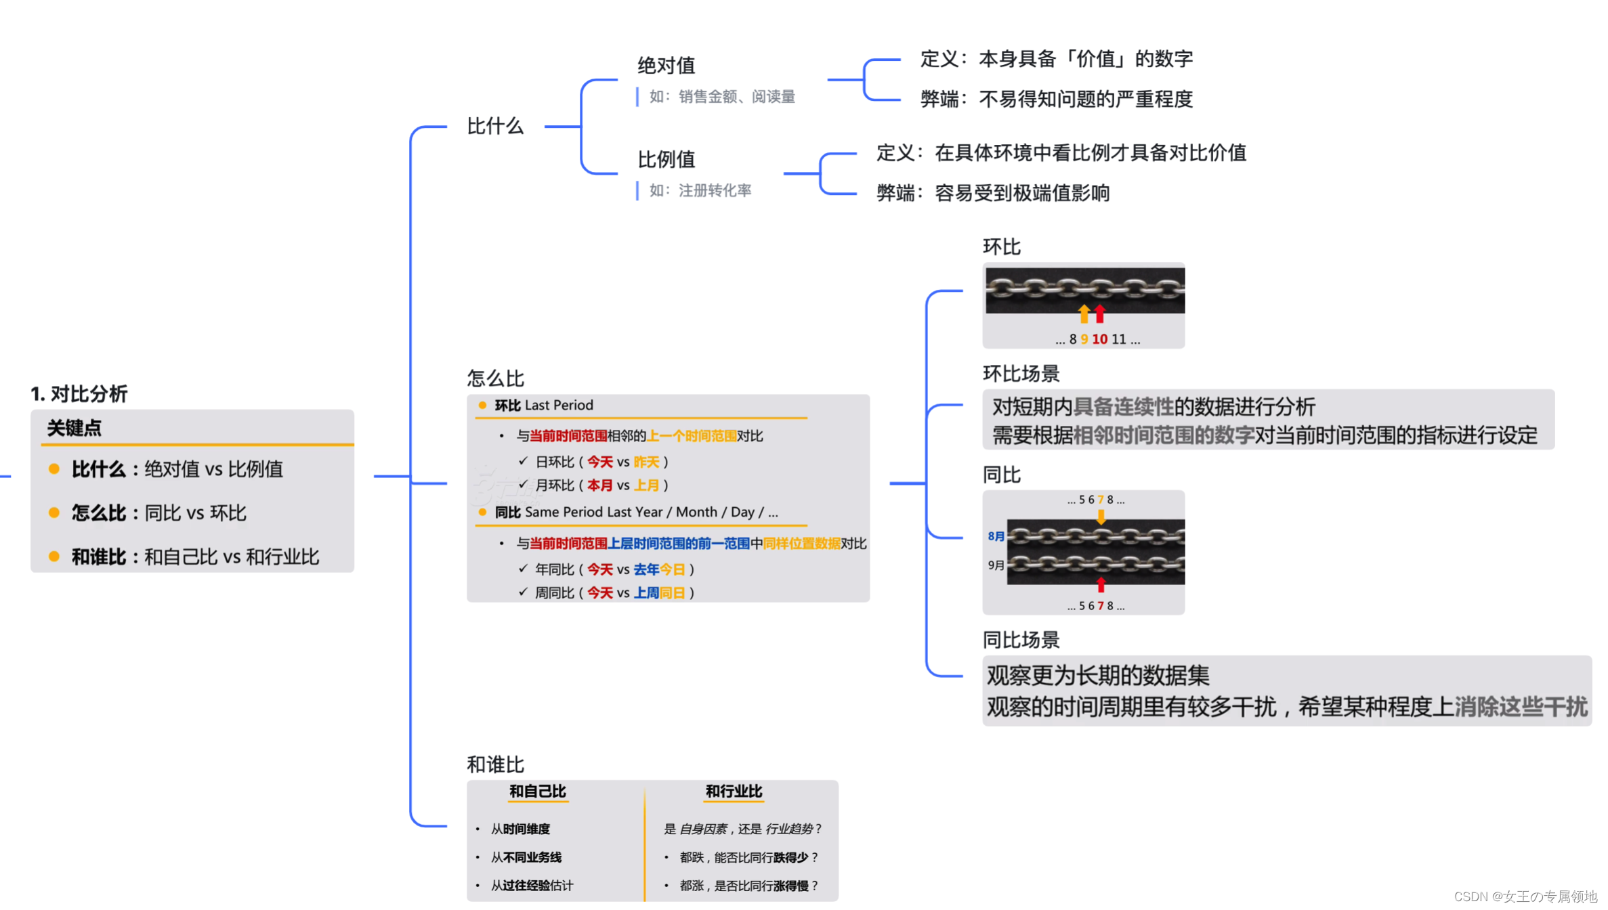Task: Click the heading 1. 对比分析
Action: pos(79,393)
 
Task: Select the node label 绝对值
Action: pos(667,66)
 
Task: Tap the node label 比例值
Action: pos(667,160)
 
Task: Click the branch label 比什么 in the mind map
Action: pos(495,127)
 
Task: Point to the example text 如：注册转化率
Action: pos(700,191)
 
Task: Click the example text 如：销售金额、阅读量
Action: pos(722,97)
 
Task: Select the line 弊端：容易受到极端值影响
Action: pos(993,194)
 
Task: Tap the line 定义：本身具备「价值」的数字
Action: pos(1057,59)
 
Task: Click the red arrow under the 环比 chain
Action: pos(1100,313)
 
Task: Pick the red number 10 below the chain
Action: pos(1100,339)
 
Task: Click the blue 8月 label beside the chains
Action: pos(996,536)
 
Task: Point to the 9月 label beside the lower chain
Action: pos(996,565)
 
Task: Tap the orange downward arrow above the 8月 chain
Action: pos(1101,517)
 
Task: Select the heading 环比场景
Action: pos(1021,374)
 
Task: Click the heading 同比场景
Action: pos(1021,640)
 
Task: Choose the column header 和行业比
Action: pos(734,792)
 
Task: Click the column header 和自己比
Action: pos(538,792)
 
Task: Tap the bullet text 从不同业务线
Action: pos(526,858)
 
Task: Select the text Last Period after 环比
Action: pos(559,406)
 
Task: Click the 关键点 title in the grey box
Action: pos(75,429)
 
